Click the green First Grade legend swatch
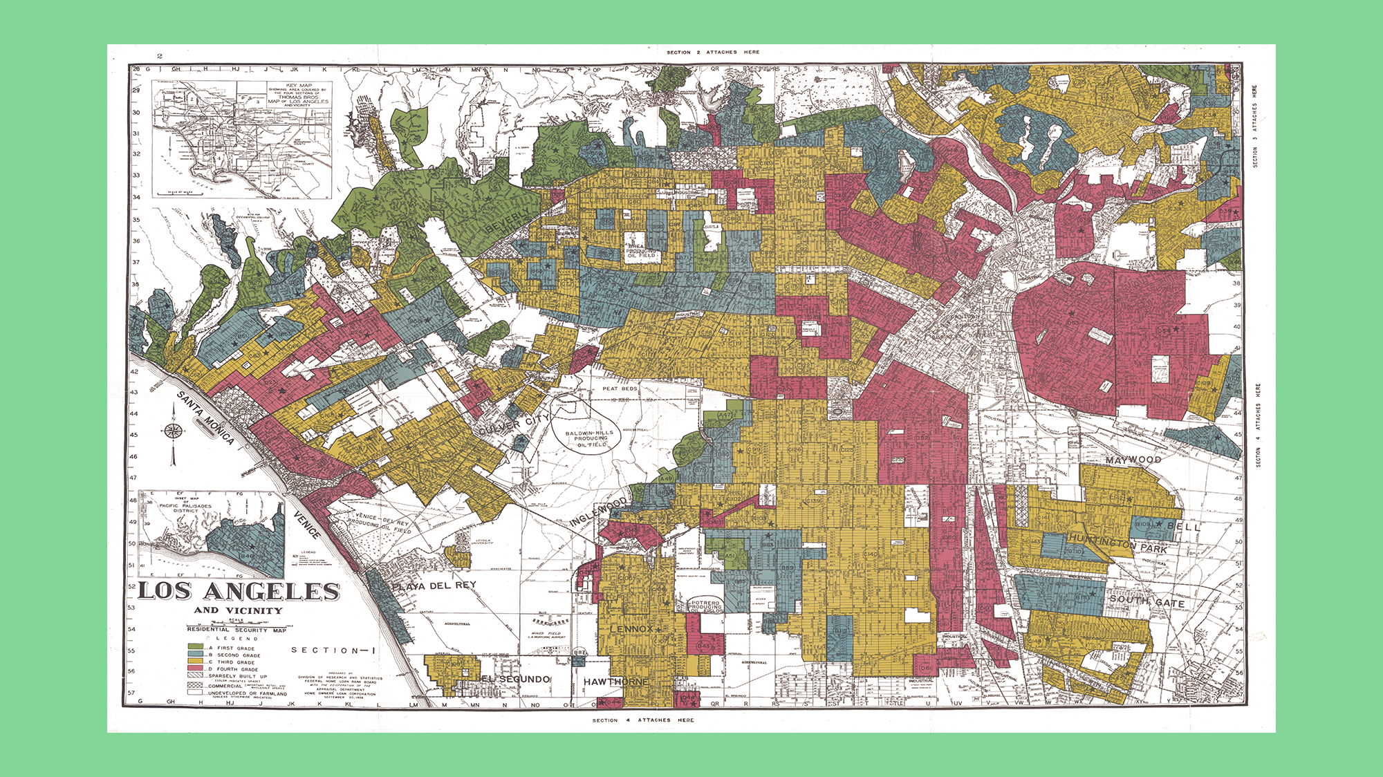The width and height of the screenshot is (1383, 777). [196, 648]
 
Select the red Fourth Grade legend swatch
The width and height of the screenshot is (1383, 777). [196, 669]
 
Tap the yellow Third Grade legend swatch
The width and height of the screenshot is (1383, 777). [196, 662]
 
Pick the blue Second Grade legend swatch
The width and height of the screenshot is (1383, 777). [196, 655]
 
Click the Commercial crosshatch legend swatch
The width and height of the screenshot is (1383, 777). [196, 685]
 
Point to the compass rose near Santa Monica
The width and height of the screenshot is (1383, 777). [173, 432]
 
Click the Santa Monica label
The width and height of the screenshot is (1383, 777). [206, 418]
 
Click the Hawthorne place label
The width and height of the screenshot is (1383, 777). [616, 682]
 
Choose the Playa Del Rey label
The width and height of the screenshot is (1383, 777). [434, 586]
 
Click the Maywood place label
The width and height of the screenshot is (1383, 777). [1133, 460]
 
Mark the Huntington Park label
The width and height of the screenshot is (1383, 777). [1117, 543]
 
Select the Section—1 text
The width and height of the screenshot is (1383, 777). [333, 650]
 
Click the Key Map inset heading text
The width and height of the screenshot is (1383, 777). [299, 86]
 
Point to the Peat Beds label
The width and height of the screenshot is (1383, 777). [620, 388]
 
